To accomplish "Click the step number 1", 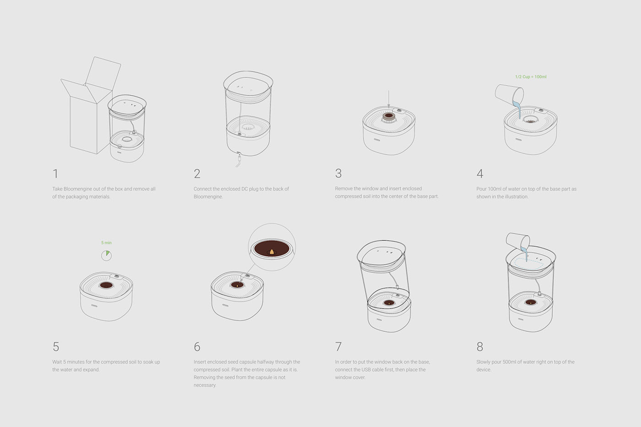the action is (55, 173).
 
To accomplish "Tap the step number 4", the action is (480, 173).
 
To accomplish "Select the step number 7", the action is (338, 346).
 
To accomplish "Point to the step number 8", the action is (480, 346).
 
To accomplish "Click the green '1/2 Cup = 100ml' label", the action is (531, 76).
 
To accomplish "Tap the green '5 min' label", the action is (106, 243).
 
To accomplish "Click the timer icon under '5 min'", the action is (106, 255).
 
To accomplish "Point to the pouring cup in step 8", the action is (518, 241).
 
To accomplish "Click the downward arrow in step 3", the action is (389, 99).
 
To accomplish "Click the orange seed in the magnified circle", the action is (272, 252).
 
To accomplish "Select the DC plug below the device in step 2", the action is (239, 158).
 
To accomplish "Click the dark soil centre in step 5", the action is (106, 285).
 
